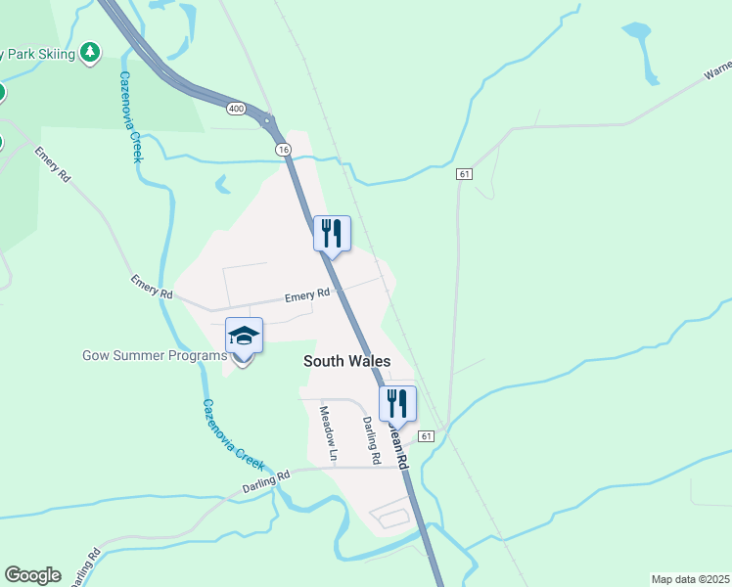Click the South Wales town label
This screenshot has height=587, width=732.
[346, 361]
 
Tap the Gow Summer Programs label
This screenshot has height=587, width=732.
[155, 355]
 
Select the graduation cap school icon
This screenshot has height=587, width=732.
[244, 337]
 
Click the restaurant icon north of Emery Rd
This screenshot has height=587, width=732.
[332, 233]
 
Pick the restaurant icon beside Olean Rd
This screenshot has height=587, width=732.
[397, 402]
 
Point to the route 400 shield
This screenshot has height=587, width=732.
[235, 108]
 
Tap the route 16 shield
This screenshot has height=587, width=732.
[283, 149]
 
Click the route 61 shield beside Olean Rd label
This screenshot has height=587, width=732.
[426, 434]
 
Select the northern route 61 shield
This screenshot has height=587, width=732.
[464, 174]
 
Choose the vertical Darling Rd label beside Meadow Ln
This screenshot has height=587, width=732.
[369, 439]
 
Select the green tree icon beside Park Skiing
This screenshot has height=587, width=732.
[90, 52]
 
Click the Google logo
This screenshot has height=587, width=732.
[32, 575]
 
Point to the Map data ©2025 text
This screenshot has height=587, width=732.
[690, 579]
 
